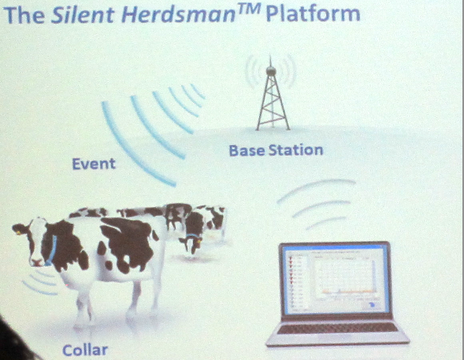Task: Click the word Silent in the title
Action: [82, 15]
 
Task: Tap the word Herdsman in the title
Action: [178, 15]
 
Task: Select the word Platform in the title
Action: [313, 15]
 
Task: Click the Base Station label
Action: [276, 151]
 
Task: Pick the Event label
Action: [94, 164]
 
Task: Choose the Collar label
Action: [85, 350]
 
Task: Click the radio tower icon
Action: [272, 95]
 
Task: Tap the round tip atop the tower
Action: [270, 70]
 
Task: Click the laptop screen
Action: [336, 280]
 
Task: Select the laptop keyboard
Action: [337, 328]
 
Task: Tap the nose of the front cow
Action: [37, 262]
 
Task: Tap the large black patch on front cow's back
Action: [128, 241]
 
